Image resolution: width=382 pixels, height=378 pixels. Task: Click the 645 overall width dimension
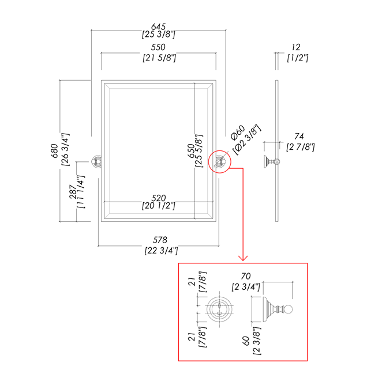(158, 27)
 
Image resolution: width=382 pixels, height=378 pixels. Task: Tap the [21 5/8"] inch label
(158, 58)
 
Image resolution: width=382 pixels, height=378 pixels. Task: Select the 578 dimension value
(160, 240)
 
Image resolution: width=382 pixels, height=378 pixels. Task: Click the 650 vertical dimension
(191, 151)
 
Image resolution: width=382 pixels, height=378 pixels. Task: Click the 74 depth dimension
(299, 136)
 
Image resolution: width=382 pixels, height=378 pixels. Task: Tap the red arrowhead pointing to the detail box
(245, 257)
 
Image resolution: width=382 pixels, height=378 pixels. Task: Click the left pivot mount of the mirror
(96, 162)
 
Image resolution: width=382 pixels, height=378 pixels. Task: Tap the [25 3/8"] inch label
(158, 36)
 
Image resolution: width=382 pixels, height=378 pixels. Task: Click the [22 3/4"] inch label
(160, 250)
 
